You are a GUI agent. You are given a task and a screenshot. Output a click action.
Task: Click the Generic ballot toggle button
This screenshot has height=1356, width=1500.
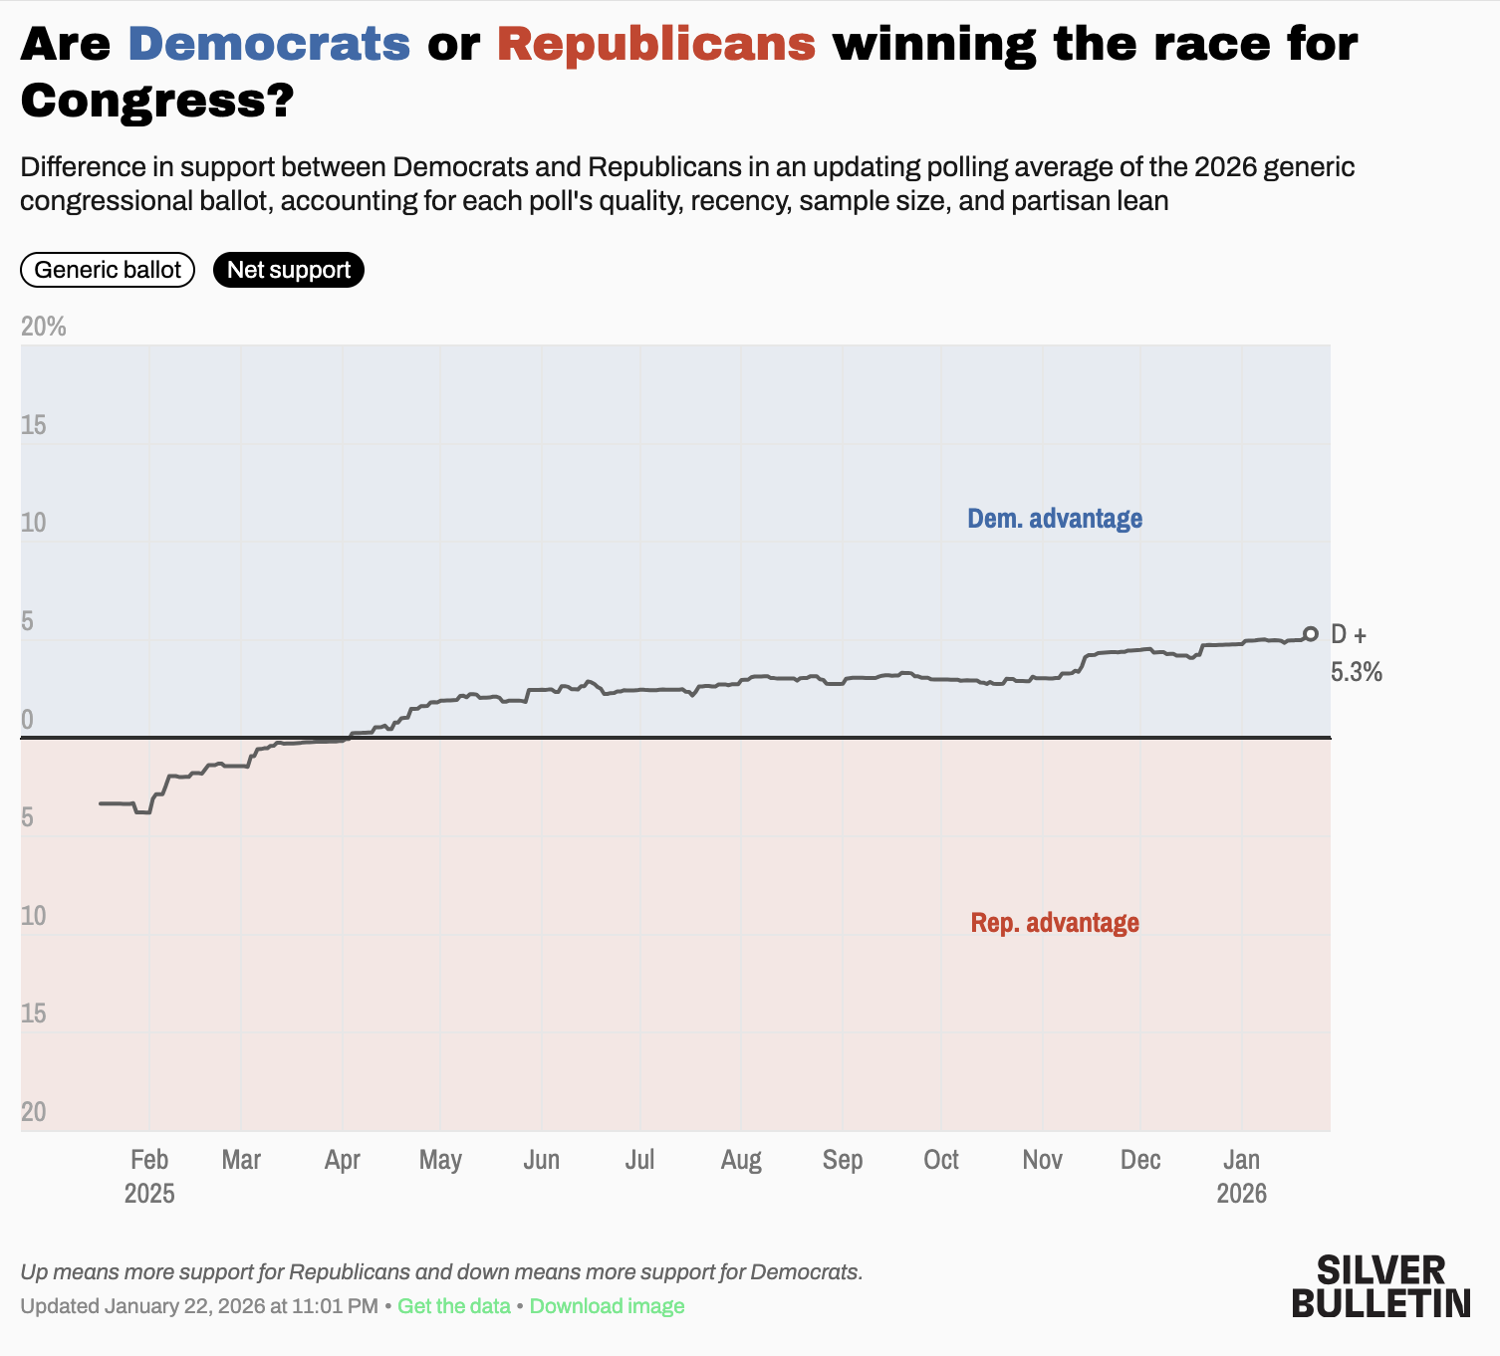(108, 270)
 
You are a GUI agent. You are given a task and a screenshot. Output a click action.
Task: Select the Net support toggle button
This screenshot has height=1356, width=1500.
(289, 270)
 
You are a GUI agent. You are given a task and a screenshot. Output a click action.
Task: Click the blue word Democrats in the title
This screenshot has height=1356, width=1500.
(269, 44)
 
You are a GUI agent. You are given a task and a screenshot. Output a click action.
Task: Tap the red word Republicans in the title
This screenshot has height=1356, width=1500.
(656, 44)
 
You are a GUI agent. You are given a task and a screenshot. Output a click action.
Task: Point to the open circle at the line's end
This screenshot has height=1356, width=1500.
(1311, 634)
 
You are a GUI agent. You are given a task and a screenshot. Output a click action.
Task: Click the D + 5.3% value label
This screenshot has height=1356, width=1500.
(1356, 653)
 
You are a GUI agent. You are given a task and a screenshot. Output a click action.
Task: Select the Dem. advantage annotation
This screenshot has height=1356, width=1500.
(1055, 519)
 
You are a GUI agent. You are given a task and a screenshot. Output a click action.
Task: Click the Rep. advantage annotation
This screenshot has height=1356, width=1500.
(1055, 923)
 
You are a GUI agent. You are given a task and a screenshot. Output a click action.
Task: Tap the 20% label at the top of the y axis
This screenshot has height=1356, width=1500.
(44, 327)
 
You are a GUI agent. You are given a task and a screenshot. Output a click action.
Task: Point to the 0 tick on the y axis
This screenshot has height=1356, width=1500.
(27, 720)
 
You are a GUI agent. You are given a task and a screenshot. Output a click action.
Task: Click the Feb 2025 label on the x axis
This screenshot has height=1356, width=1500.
(149, 1176)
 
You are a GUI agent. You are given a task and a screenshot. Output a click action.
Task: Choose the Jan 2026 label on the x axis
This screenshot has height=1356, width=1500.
(1241, 1176)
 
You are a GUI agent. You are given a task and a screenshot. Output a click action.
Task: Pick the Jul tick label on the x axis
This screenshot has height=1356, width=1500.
(639, 1160)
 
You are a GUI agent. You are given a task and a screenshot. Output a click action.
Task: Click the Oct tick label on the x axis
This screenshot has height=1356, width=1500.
(940, 1160)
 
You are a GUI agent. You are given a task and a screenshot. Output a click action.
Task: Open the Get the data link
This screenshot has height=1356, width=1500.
(454, 1306)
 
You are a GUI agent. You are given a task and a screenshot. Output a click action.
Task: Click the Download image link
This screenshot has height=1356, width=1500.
(607, 1306)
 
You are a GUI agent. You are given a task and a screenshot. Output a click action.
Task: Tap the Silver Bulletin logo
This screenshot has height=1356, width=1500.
(1380, 1286)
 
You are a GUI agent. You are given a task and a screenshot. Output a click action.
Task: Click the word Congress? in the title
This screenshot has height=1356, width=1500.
(156, 101)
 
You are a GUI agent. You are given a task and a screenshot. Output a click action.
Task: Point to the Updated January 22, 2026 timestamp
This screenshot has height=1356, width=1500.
(199, 1306)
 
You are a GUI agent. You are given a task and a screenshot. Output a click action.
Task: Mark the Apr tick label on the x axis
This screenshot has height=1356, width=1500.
(342, 1160)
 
